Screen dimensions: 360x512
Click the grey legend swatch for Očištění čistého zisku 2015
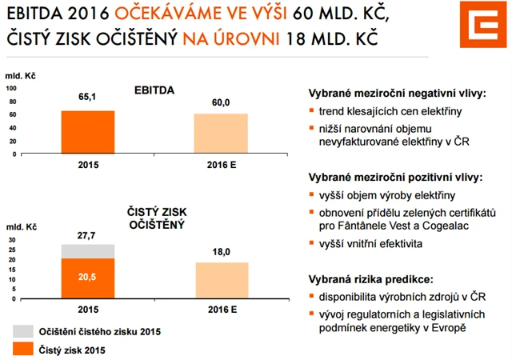click(x=22, y=331)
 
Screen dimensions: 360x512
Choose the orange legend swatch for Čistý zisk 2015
click(x=22, y=350)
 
